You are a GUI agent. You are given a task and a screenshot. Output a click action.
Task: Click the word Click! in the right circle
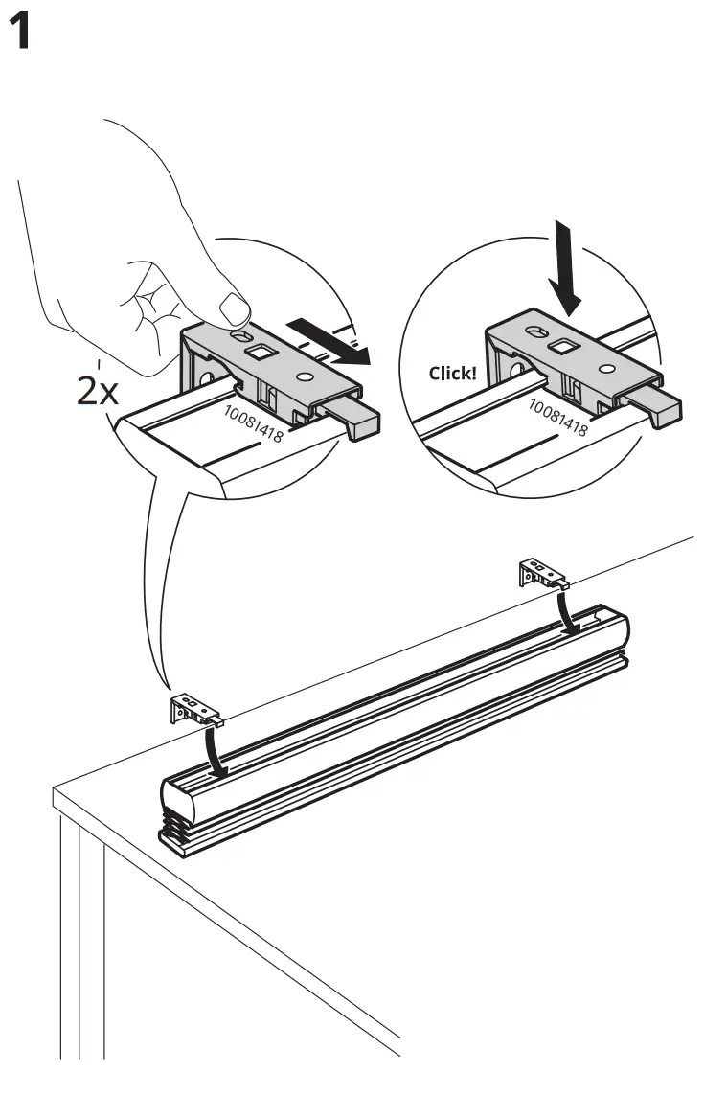tap(452, 373)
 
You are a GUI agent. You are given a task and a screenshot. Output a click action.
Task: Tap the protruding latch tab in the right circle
tap(661, 407)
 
